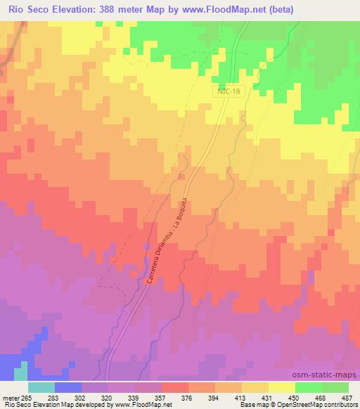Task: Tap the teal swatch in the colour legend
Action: (41, 387)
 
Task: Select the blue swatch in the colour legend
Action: (68, 387)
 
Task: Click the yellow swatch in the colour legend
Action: (281, 387)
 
